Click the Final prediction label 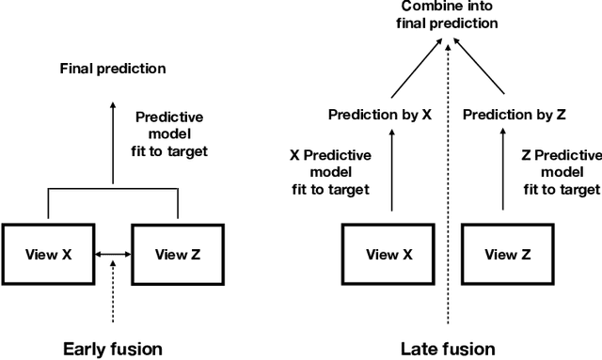click(112, 69)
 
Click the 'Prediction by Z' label click(514, 115)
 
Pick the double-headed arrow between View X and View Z click(112, 253)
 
